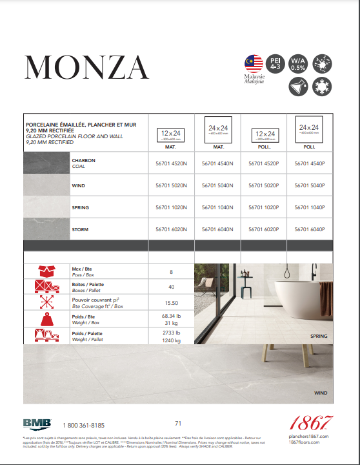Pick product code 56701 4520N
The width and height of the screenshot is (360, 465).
click(171, 163)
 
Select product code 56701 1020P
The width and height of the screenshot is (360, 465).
click(263, 207)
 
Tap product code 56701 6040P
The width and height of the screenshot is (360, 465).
click(309, 229)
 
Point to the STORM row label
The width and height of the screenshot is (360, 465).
click(80, 229)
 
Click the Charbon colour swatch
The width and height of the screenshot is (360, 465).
click(46, 163)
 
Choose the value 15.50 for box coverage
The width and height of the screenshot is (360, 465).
click(171, 303)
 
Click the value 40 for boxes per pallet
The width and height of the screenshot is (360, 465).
click(171, 287)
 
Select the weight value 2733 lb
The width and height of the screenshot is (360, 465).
click(171, 332)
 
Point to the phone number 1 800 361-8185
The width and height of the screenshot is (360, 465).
click(84, 426)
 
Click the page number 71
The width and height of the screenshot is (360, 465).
click(178, 423)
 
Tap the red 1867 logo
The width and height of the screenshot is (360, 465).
click(310, 424)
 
